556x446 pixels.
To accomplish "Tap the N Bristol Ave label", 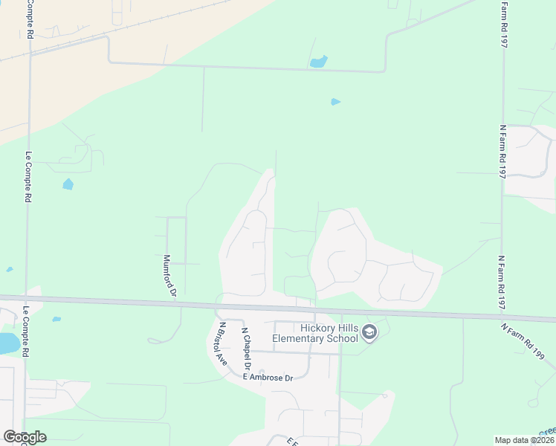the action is click(x=221, y=343).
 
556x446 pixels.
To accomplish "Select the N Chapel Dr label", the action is click(x=246, y=349).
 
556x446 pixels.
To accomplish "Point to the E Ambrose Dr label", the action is click(x=268, y=378).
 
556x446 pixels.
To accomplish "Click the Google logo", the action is click(x=25, y=437).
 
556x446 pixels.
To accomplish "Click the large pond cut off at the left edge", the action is click(x=7, y=343).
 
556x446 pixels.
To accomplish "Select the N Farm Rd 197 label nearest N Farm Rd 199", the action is click(x=502, y=282).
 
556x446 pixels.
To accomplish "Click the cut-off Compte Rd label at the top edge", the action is click(x=30, y=19).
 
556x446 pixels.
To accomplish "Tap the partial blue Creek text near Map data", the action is click(x=547, y=431).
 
